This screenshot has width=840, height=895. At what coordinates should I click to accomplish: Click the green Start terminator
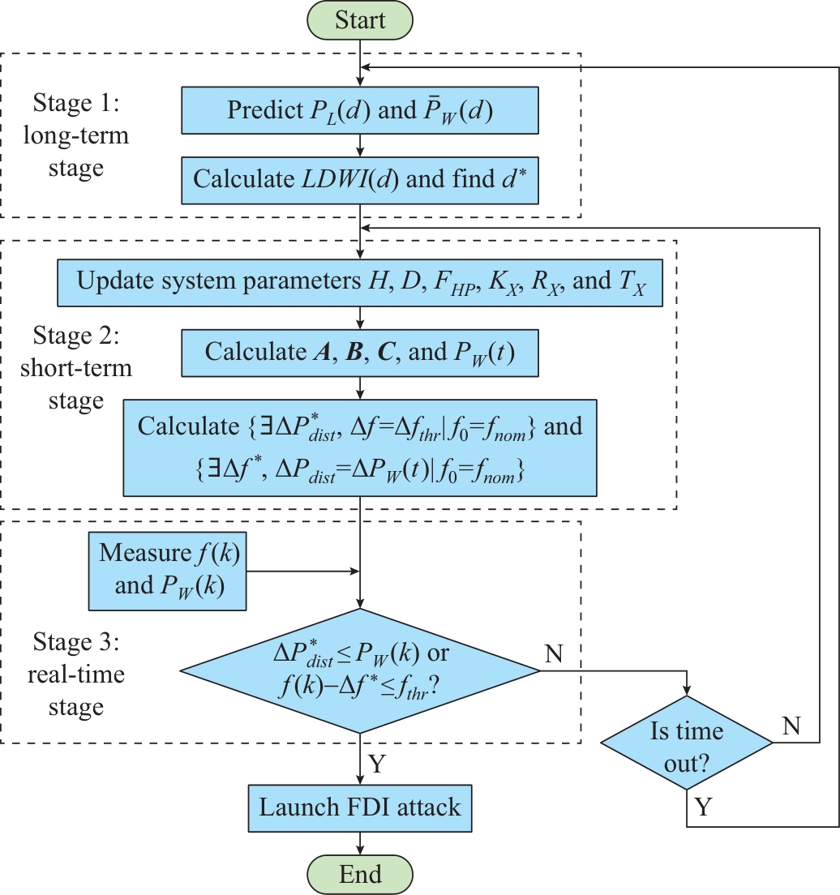[361, 19]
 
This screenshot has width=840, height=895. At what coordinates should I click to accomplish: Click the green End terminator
[361, 875]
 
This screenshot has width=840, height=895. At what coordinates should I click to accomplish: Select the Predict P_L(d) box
[359, 111]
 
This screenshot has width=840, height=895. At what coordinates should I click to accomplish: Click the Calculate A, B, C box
[359, 353]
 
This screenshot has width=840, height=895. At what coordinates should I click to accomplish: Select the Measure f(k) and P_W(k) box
[168, 569]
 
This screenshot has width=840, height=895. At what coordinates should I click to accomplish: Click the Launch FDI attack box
[359, 807]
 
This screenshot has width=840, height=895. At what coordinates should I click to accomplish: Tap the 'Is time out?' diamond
[687, 742]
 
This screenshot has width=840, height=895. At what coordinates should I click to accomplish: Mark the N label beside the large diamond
[554, 654]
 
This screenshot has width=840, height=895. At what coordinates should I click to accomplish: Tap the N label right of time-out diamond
[791, 726]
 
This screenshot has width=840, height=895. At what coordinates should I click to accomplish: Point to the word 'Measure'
[144, 553]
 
